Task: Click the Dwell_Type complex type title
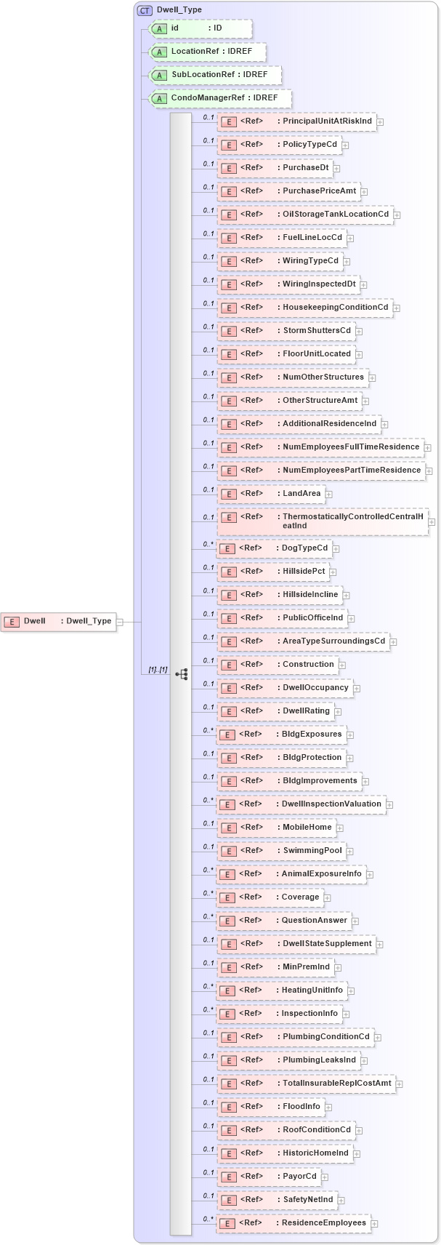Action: [179, 10]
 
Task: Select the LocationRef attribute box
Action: [207, 52]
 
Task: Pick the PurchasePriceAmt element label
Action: [319, 191]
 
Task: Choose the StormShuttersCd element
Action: [285, 331]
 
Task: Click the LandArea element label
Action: [302, 494]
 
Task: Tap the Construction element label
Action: [308, 665]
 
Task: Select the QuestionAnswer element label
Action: [314, 921]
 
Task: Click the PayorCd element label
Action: [299, 1177]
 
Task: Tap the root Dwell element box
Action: [58, 621]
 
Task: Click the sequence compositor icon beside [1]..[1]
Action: [181, 674]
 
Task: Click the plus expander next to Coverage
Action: [328, 898]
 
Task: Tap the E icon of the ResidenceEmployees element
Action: [227, 1224]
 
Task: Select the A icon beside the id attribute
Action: [159, 28]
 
